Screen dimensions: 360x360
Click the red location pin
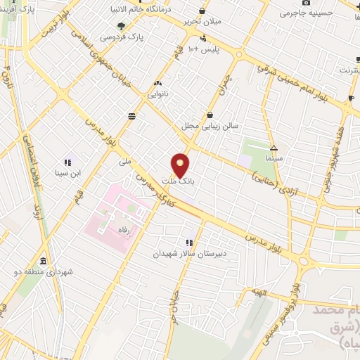click(x=181, y=166)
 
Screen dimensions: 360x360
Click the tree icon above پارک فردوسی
click(x=122, y=25)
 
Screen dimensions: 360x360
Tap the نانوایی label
click(x=157, y=92)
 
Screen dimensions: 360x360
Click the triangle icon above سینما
click(x=274, y=148)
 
